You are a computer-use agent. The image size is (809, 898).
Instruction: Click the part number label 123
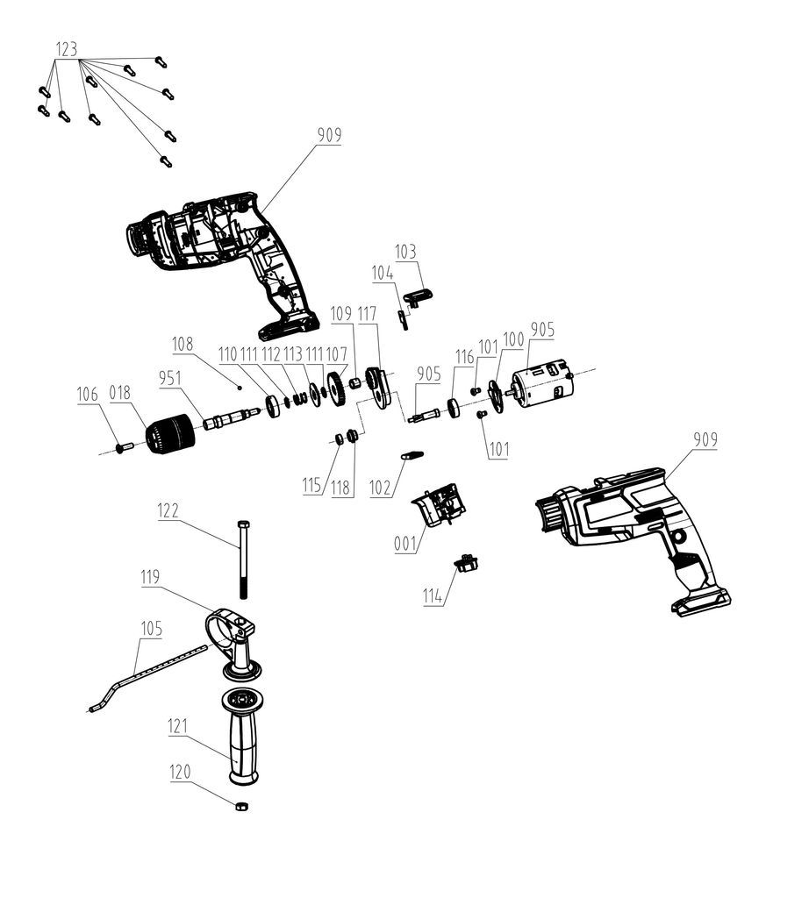[67, 50]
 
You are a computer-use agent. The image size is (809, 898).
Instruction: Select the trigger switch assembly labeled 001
[442, 505]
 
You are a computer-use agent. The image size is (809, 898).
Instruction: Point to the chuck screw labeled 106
[123, 447]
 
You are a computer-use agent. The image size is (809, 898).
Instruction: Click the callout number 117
[368, 313]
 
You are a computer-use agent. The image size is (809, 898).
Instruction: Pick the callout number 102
[380, 488]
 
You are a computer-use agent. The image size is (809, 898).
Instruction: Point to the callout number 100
[512, 339]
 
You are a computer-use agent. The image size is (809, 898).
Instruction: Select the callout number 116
[465, 357]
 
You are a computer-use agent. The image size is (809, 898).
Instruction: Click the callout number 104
[383, 274]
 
